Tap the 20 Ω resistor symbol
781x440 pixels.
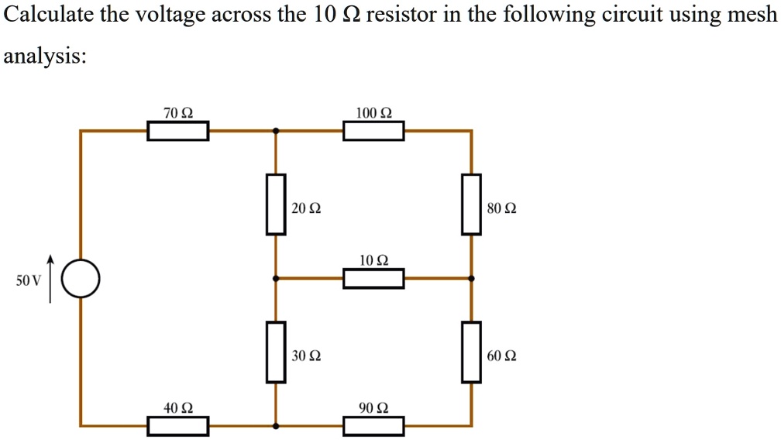276,205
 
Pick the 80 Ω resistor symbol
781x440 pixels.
471,205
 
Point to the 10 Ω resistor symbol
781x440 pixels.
373,278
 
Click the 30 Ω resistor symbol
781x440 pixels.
276,352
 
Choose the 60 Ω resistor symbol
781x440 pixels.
471,352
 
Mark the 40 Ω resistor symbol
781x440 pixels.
178,425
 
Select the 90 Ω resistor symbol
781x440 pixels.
373,425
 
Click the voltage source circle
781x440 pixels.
81,279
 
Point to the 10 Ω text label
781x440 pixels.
373,260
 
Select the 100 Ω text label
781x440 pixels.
373,113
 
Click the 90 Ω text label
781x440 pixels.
373,407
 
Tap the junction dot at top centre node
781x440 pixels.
276,131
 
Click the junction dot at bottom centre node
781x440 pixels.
276,425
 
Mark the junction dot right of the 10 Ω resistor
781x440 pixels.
471,278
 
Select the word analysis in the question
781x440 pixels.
44,57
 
